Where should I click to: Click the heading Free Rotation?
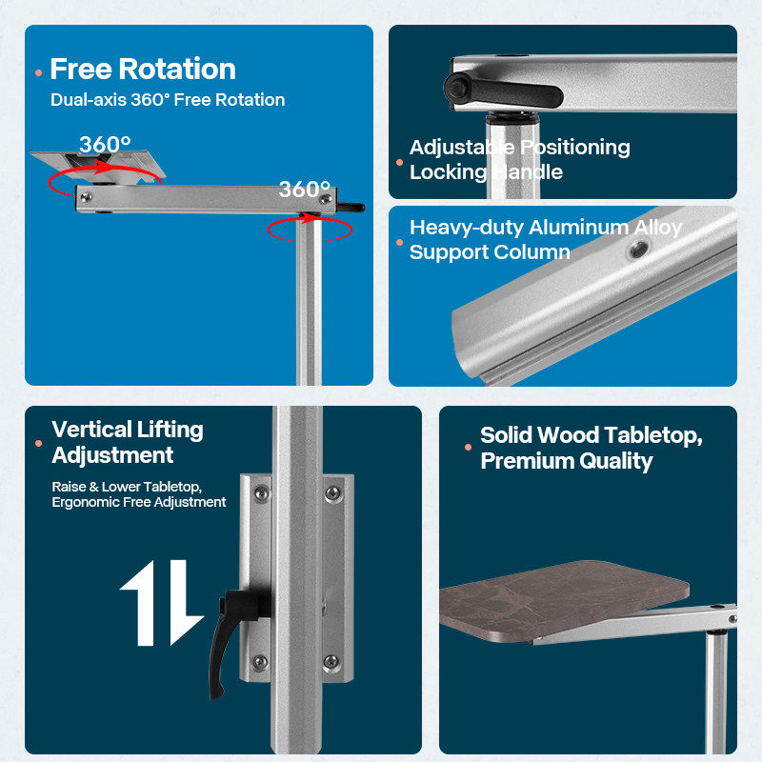tap(143, 69)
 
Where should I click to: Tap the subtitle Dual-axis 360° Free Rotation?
tap(168, 100)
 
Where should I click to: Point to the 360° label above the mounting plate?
tap(105, 145)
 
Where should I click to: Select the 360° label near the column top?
tap(304, 189)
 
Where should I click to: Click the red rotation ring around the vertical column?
tap(310, 239)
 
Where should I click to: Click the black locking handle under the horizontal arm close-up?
tap(503, 90)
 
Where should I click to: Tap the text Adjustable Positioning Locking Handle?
tap(519, 159)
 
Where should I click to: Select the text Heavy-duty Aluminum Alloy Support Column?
tap(545, 240)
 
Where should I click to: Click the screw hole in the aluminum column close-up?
tap(638, 250)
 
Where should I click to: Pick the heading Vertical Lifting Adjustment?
tap(128, 442)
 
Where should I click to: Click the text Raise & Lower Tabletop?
tap(127, 487)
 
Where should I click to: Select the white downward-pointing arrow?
tap(186, 603)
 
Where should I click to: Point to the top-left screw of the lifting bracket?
tap(261, 493)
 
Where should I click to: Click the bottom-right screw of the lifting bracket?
tap(331, 661)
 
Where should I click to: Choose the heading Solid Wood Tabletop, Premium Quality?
tap(592, 448)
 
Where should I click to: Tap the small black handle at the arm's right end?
tap(351, 208)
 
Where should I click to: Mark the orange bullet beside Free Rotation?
tap(39, 73)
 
